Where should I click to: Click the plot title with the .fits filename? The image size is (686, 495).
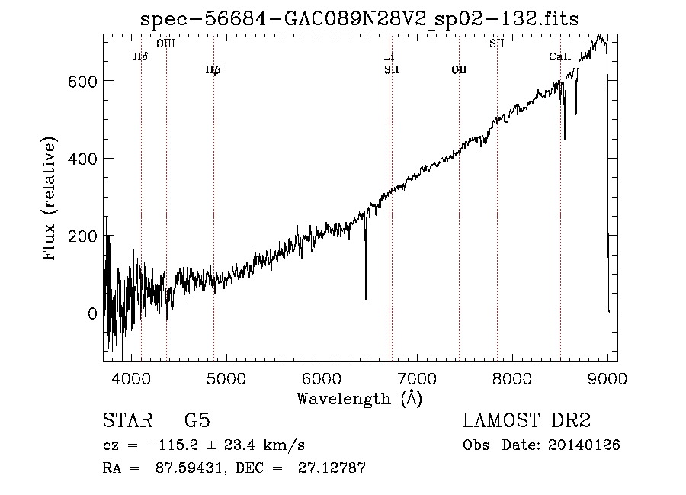[360, 19]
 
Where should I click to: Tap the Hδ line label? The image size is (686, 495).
[140, 56]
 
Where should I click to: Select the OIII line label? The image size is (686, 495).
[165, 43]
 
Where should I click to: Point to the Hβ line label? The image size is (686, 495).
[213, 70]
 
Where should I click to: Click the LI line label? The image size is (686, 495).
[389, 56]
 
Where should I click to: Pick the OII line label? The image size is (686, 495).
[459, 70]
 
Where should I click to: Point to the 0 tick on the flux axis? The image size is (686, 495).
[92, 313]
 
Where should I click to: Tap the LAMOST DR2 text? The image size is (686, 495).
[527, 420]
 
